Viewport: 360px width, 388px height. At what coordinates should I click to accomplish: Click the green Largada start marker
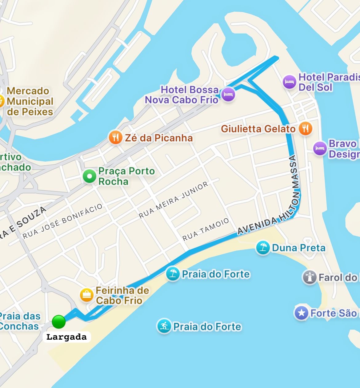[58, 322]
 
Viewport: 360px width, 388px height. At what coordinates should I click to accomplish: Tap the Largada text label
[66, 337]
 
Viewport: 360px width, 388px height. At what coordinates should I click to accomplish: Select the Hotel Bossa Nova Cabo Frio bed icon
[228, 95]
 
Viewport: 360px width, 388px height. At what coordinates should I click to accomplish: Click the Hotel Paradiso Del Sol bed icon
[289, 82]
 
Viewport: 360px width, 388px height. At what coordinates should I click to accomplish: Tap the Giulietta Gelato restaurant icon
[305, 128]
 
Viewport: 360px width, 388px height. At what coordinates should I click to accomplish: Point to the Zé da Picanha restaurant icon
[115, 137]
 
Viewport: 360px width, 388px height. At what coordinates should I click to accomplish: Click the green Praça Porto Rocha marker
[90, 176]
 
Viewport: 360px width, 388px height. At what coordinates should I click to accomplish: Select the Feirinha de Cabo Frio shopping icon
[87, 295]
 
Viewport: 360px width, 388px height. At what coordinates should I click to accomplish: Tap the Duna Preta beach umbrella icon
[263, 248]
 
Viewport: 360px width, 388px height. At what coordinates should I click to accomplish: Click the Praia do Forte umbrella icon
[173, 273]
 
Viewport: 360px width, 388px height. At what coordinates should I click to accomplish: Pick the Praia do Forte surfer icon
[164, 326]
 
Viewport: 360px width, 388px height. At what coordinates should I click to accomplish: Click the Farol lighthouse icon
[310, 277]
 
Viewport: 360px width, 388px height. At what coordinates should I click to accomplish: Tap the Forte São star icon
[301, 313]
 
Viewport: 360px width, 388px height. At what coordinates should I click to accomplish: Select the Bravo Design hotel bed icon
[320, 149]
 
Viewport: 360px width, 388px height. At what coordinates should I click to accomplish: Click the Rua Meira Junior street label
[174, 200]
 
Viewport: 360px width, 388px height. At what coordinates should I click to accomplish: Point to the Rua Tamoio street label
[206, 229]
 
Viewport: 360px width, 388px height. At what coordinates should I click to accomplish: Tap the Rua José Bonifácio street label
[62, 221]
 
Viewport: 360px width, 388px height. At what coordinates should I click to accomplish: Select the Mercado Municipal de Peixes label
[30, 101]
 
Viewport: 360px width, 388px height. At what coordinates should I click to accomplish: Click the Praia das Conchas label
[19, 321]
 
